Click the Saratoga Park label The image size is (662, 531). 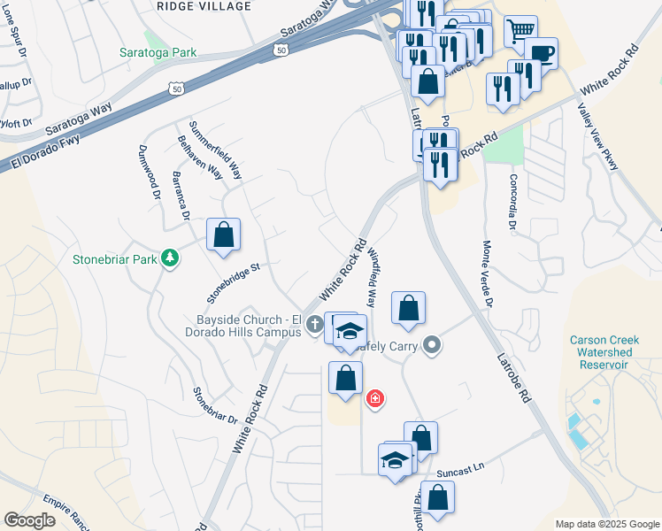158,53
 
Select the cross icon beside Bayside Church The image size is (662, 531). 314,327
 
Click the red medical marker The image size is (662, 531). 375,398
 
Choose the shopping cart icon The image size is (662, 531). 520,31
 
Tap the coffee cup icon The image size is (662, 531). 541,53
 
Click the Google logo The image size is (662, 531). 29,520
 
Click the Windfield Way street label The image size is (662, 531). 372,275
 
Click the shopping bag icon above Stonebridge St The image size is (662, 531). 223,235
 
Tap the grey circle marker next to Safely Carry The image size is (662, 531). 431,344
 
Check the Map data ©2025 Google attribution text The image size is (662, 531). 607,524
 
